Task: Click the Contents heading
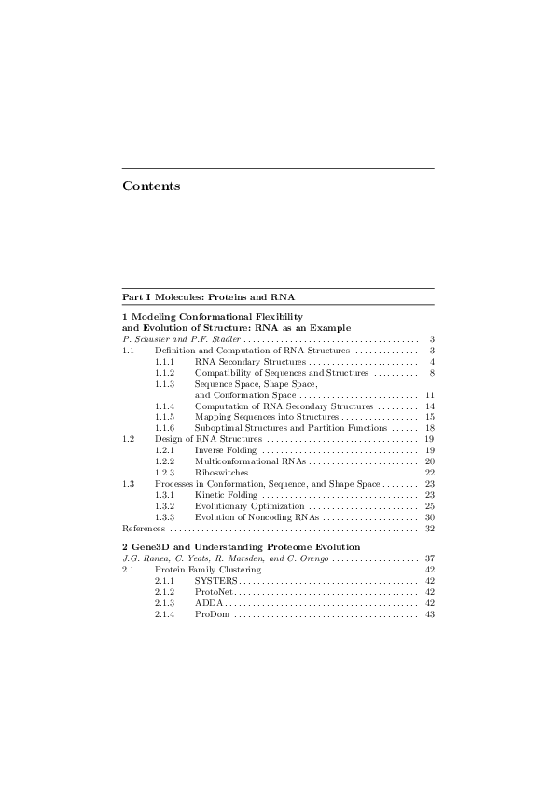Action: click(151, 186)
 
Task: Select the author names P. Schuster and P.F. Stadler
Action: click(181, 339)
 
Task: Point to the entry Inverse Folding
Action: click(225, 450)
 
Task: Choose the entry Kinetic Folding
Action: click(225, 495)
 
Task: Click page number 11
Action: click(430, 395)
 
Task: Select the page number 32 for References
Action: click(430, 529)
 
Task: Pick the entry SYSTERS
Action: click(216, 580)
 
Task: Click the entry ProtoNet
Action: click(216, 591)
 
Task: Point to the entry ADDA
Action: click(209, 602)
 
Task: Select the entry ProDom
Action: click(213, 613)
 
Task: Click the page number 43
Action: click(430, 613)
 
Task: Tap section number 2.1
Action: click(129, 569)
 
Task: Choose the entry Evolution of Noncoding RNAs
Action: click(257, 517)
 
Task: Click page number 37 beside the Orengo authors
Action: click(430, 558)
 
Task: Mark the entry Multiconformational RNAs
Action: click(250, 461)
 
